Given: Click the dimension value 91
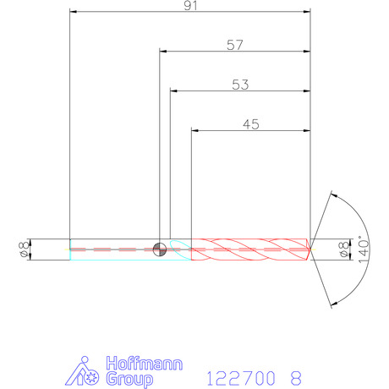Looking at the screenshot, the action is (190, 5).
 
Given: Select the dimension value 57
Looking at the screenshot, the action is (235, 45).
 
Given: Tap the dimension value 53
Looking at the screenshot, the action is (240, 85).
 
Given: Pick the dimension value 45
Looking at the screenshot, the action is (251, 124).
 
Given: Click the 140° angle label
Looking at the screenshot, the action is (364, 249).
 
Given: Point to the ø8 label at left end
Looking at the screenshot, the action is (24, 249).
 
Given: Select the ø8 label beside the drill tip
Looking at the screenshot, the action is (344, 249).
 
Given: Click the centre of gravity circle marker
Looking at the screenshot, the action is (160, 249).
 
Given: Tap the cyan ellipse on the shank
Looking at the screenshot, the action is (181, 249).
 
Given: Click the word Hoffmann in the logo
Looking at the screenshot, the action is (145, 364).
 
